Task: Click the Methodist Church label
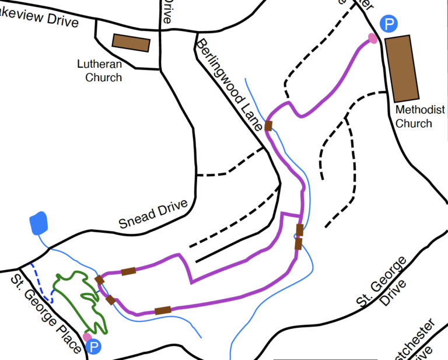(x=420, y=116)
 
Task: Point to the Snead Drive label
(x=153, y=214)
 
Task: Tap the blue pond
(x=39, y=223)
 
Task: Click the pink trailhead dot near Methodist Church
(x=372, y=39)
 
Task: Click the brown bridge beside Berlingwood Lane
(x=268, y=125)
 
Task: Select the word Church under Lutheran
(x=104, y=77)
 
